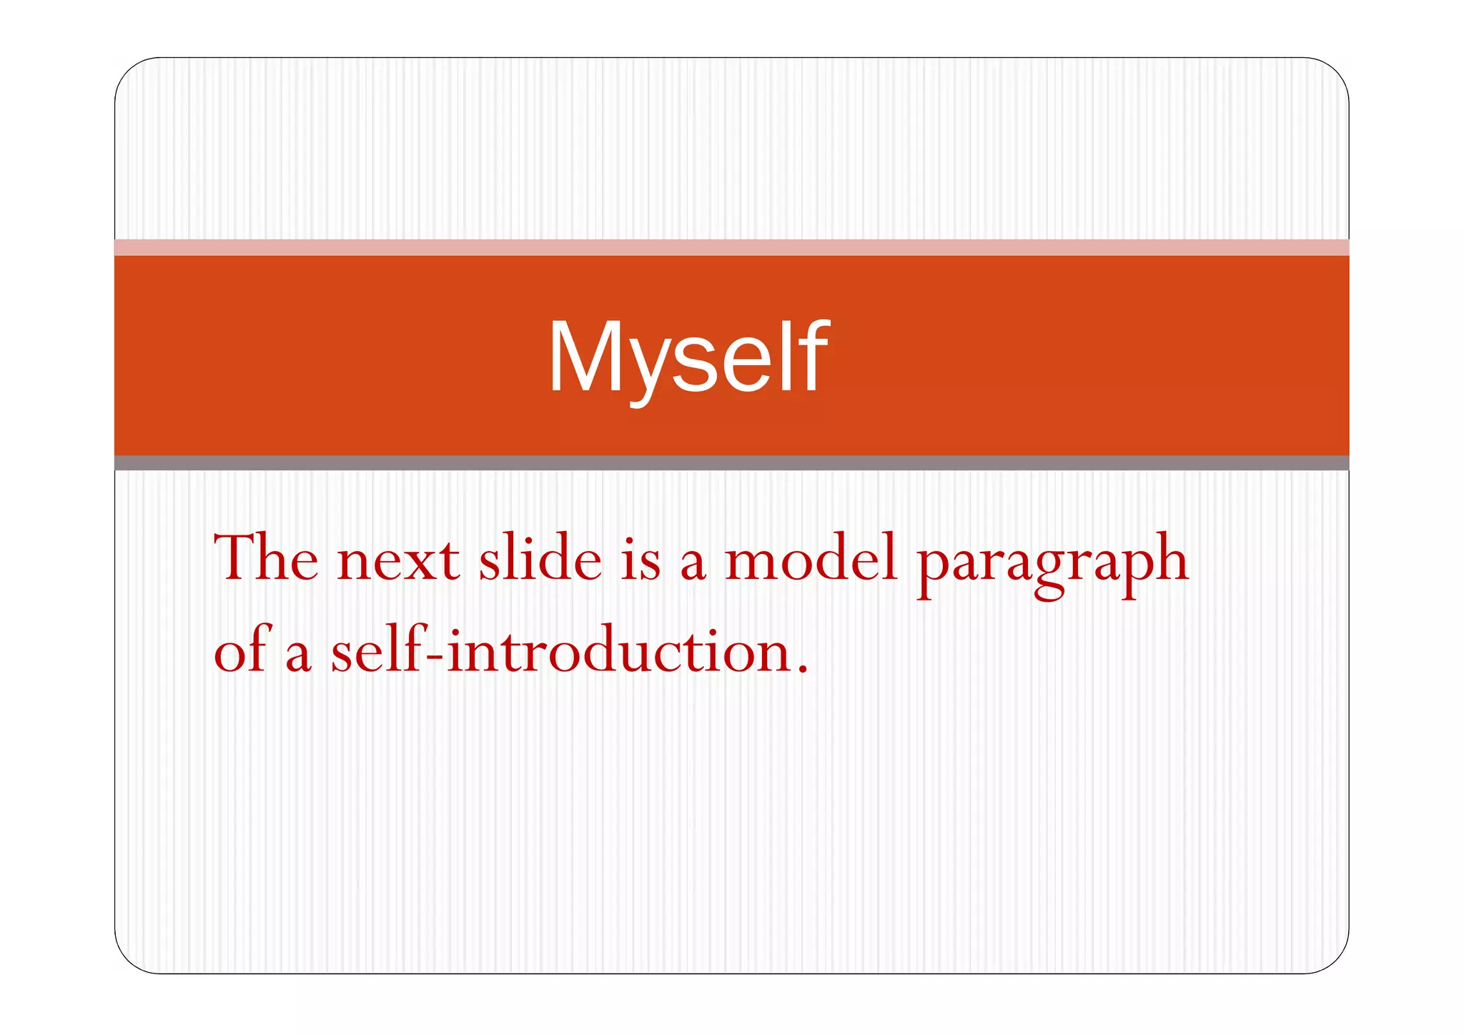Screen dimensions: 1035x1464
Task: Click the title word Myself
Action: (x=688, y=357)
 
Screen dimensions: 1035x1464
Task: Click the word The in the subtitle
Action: (x=266, y=558)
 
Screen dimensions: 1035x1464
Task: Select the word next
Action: (x=398, y=560)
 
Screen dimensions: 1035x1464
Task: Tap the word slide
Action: (x=540, y=558)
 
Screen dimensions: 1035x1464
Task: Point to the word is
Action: (x=640, y=560)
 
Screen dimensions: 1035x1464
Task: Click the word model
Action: (x=811, y=558)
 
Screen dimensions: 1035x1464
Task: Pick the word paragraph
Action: (x=1053, y=565)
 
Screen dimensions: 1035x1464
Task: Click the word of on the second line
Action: (x=242, y=650)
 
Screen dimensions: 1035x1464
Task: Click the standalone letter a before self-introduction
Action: (x=298, y=655)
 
